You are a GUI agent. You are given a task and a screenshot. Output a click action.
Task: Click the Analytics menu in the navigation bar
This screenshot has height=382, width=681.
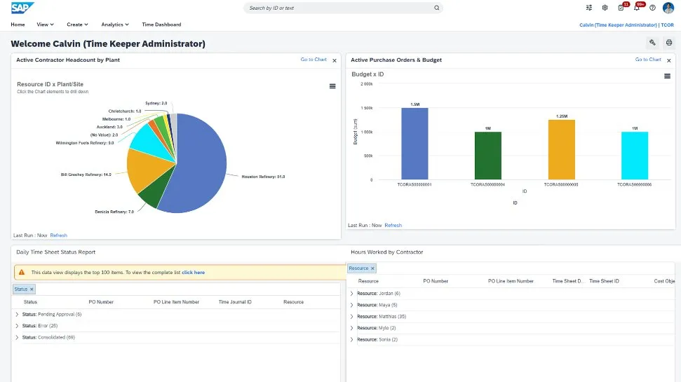(x=114, y=25)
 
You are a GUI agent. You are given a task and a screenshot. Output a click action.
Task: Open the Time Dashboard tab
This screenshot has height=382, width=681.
(x=161, y=25)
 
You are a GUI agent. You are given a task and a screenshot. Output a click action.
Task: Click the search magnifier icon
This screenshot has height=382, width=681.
(x=436, y=8)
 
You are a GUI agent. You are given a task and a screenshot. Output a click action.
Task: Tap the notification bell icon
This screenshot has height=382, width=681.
(x=637, y=8)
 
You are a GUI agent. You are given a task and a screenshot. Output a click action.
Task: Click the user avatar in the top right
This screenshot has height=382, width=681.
(x=668, y=8)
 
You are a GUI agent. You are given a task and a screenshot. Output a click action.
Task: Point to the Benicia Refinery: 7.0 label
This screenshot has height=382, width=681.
(x=114, y=211)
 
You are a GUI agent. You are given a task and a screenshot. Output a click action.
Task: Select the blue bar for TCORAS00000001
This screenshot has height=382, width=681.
(x=414, y=143)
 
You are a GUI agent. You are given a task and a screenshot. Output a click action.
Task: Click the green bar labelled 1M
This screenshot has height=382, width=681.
(x=487, y=155)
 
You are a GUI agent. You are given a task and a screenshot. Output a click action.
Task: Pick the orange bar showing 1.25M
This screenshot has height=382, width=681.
(x=561, y=149)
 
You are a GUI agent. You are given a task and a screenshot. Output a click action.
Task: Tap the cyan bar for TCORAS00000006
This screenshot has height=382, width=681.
(x=634, y=155)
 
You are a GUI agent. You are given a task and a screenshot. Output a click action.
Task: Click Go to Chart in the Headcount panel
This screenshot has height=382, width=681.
(x=313, y=60)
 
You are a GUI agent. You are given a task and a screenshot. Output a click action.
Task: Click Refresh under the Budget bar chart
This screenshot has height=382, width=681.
(x=393, y=225)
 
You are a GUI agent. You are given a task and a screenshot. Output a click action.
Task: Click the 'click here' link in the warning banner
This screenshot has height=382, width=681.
(x=193, y=272)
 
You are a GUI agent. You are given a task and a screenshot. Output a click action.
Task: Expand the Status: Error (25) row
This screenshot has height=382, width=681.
(x=17, y=325)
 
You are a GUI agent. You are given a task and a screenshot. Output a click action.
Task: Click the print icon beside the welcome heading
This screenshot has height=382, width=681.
(x=668, y=43)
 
